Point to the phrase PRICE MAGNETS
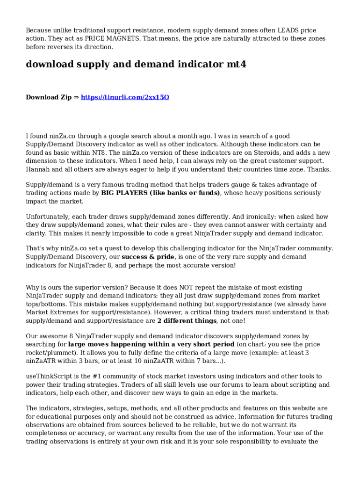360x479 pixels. (x=92, y=38)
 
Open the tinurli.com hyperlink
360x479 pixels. (x=125, y=97)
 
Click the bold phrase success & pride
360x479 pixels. (x=148, y=257)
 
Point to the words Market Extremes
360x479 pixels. (x=52, y=312)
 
